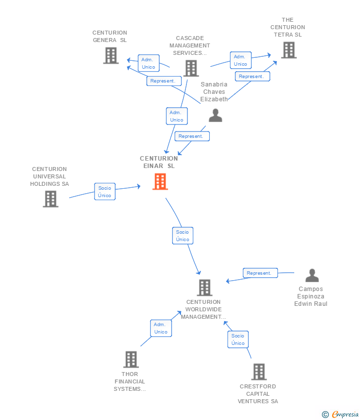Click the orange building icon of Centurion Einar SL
pyautogui.click(x=160, y=182)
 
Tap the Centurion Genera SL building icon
pyautogui.click(x=111, y=56)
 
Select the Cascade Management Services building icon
pyautogui.click(x=191, y=68)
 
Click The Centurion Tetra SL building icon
pyautogui.click(x=289, y=50)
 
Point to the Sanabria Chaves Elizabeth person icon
pyautogui.click(x=216, y=116)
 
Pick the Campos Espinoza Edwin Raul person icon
pyautogui.click(x=312, y=275)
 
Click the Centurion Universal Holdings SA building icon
pyautogui.click(x=50, y=199)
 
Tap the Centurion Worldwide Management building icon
pyautogui.click(x=205, y=288)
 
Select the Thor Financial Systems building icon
pyautogui.click(x=131, y=359)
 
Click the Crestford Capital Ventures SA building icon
pyautogui.click(x=259, y=372)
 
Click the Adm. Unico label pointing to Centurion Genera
pyautogui.click(x=149, y=63)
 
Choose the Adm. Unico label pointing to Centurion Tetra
pyautogui.click(x=241, y=60)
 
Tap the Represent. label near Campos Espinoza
pyautogui.click(x=260, y=273)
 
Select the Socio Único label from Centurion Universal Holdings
pyautogui.click(x=105, y=192)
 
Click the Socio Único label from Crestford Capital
pyautogui.click(x=238, y=339)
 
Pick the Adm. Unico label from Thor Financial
pyautogui.click(x=161, y=328)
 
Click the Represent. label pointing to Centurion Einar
pyautogui.click(x=192, y=136)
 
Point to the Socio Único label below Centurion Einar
pyautogui.click(x=182, y=236)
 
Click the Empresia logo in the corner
pyautogui.click(x=340, y=414)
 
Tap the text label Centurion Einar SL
pyautogui.click(x=159, y=162)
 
